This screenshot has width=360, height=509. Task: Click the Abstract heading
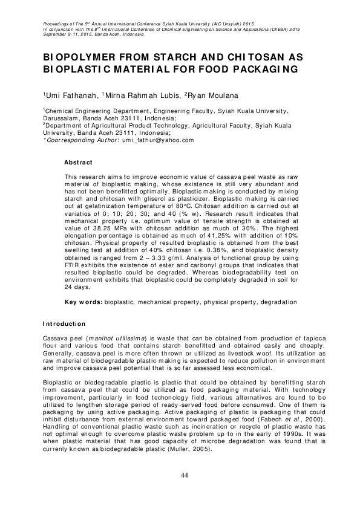pyautogui.click(x=79, y=163)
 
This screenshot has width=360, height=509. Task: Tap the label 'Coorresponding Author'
pyautogui.click(x=73, y=140)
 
